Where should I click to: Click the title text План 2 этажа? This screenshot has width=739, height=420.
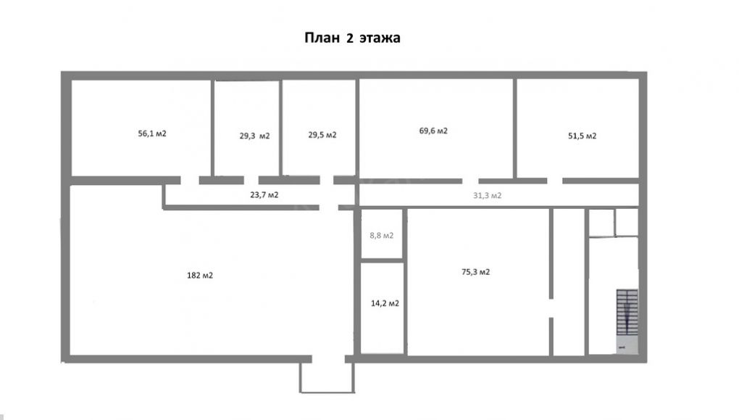pyautogui.click(x=352, y=38)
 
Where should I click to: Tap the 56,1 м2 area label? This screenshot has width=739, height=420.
pyautogui.click(x=152, y=133)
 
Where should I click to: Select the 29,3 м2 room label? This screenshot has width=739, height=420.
pyautogui.click(x=254, y=136)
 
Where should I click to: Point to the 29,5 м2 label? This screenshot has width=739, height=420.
pyautogui.click(x=322, y=135)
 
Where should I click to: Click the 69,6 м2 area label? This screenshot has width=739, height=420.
pyautogui.click(x=433, y=131)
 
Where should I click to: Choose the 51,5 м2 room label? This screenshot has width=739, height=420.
pyautogui.click(x=582, y=136)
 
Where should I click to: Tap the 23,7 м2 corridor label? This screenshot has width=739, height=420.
pyautogui.click(x=264, y=194)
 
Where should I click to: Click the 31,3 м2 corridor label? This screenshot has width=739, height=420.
pyautogui.click(x=488, y=195)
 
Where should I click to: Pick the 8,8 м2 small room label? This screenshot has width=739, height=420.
pyautogui.click(x=382, y=236)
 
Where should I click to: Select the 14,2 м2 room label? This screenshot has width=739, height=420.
pyautogui.click(x=385, y=303)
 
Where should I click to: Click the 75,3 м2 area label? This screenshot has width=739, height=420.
pyautogui.click(x=475, y=272)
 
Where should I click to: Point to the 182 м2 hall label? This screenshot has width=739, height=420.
pyautogui.click(x=200, y=275)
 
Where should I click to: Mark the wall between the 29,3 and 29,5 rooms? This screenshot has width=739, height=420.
pyautogui.click(x=281, y=128)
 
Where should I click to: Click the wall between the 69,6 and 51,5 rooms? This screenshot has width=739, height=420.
pyautogui.click(x=514, y=128)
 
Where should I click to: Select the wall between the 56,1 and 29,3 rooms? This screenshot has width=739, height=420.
pyautogui.click(x=212, y=128)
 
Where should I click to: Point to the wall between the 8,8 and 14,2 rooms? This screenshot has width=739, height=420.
pyautogui.click(x=382, y=260)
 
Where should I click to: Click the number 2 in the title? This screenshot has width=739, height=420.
pyautogui.click(x=350, y=38)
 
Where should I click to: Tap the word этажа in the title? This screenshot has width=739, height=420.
pyautogui.click(x=380, y=38)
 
